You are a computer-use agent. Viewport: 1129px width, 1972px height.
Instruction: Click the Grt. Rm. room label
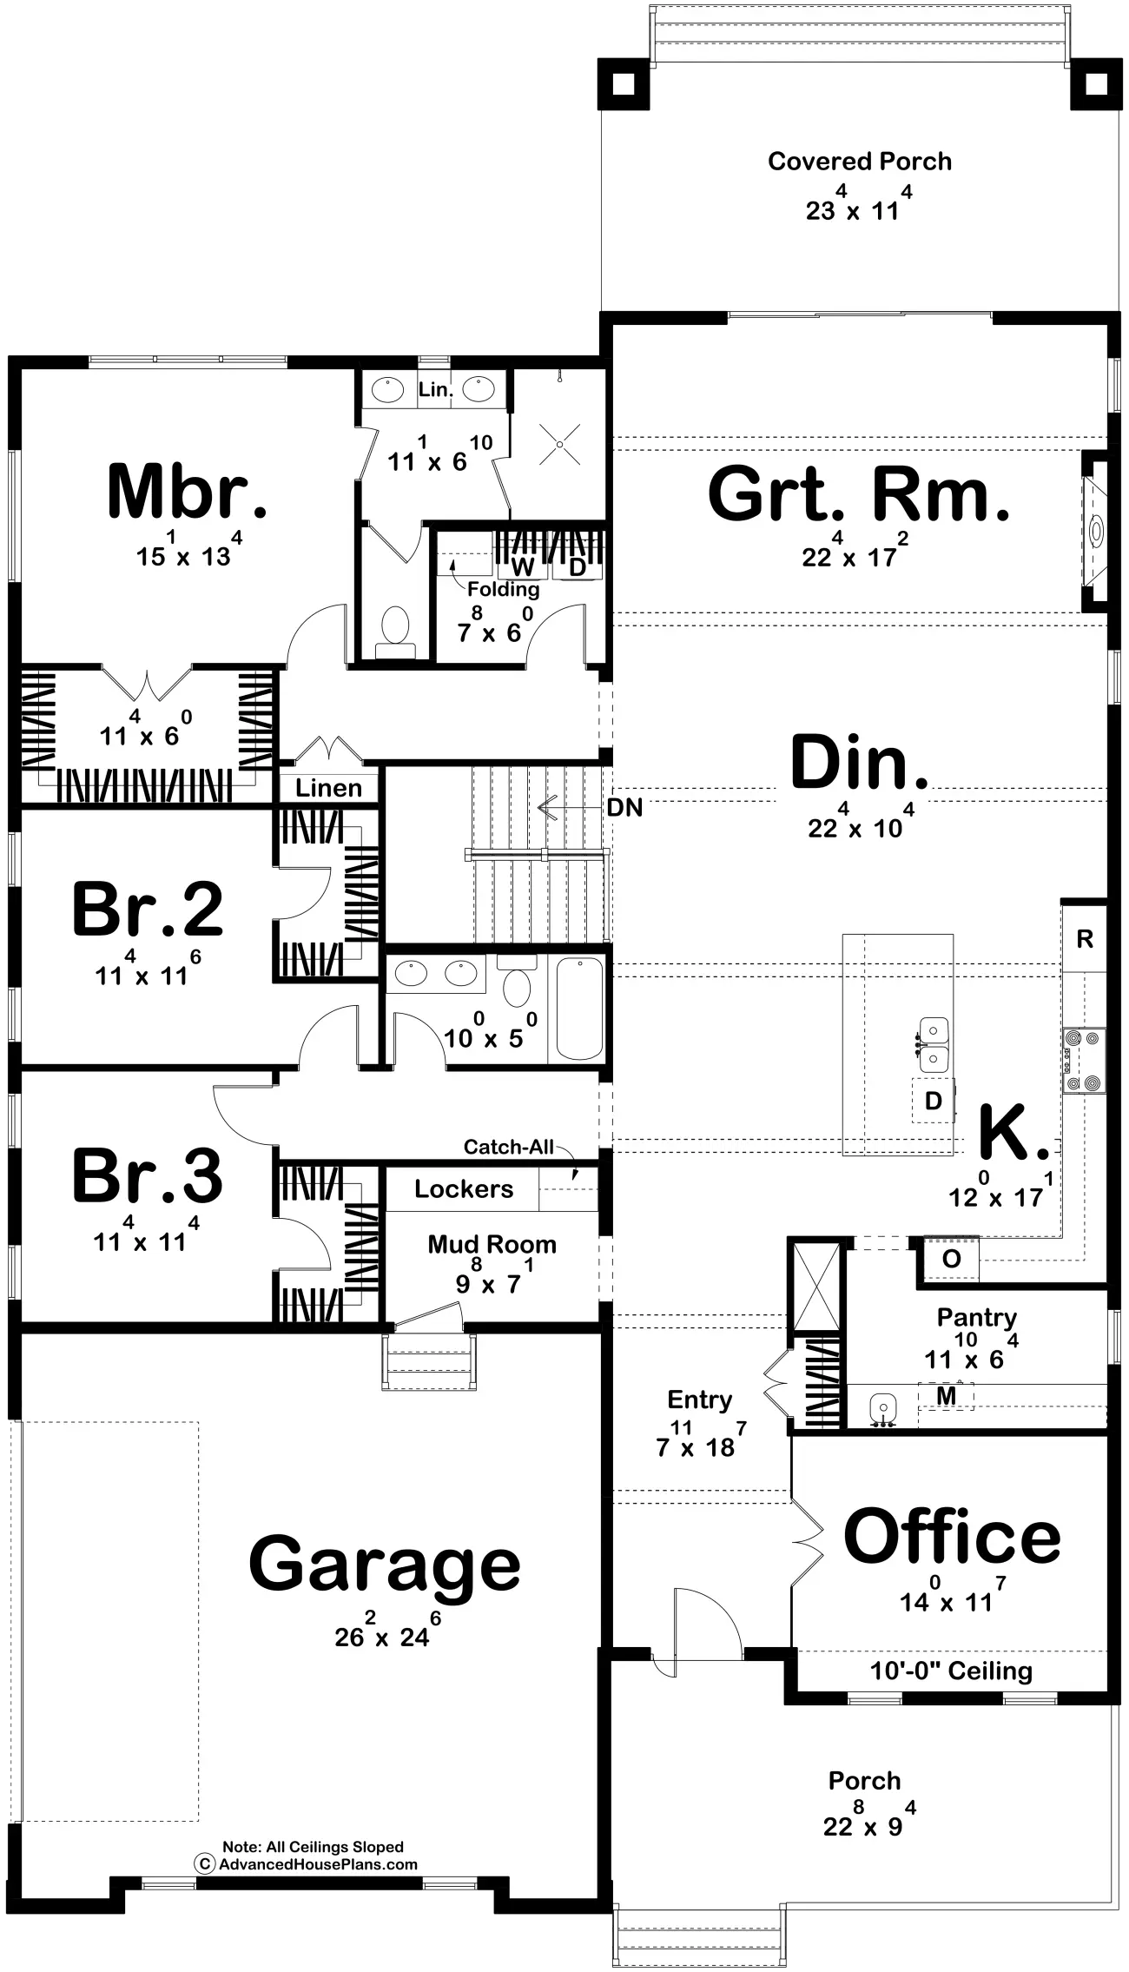(x=860, y=494)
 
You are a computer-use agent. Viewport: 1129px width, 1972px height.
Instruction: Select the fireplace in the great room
(x=1094, y=530)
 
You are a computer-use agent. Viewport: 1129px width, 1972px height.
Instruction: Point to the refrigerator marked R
(x=1085, y=939)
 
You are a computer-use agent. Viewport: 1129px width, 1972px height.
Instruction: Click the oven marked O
(x=951, y=1259)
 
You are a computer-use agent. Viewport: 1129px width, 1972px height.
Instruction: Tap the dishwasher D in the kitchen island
(x=934, y=1101)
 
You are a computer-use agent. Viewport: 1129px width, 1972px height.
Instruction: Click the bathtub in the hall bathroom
(x=578, y=1009)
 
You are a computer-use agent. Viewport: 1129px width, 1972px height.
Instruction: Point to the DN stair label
(x=625, y=808)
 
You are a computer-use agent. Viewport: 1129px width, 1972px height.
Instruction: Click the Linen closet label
(x=328, y=789)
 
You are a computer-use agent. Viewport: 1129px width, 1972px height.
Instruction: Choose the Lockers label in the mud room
(x=464, y=1188)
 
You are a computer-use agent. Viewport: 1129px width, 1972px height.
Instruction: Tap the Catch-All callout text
(x=508, y=1147)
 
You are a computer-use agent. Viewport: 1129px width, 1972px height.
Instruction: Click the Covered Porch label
(x=860, y=162)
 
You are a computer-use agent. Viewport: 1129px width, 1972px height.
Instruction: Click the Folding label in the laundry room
(x=504, y=590)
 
